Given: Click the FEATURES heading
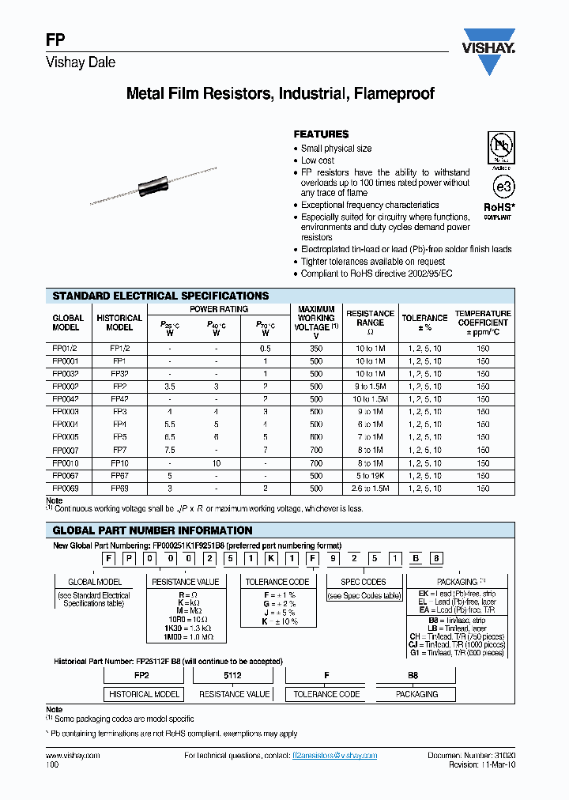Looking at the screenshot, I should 321,134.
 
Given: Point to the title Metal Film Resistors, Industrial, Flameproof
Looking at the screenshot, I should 281,94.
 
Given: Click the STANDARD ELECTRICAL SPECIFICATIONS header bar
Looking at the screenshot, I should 160,296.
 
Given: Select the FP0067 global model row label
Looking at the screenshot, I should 66,476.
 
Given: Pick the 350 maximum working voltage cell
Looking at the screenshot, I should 316,347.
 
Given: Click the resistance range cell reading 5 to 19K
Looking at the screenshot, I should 370,476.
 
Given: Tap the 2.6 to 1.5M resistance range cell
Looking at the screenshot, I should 370,489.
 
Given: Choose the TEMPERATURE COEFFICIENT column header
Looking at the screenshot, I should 482,323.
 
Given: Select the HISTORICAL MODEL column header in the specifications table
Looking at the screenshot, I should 119,323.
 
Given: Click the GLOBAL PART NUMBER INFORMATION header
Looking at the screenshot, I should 153,530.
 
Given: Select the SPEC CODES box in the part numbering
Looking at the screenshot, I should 363,582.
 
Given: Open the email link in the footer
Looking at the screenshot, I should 334,756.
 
